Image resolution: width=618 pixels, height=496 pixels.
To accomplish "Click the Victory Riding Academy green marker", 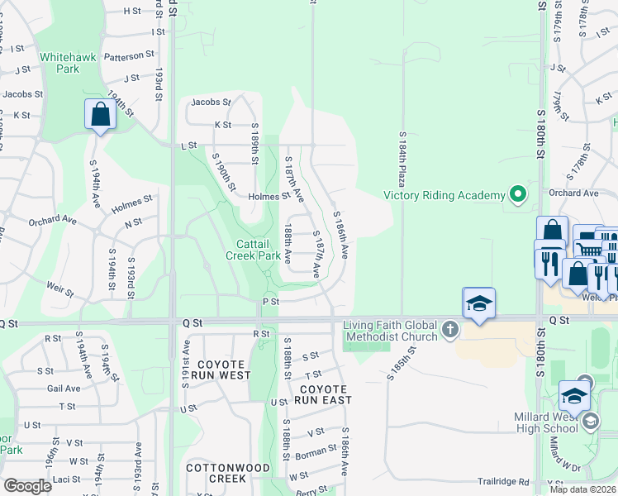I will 518,195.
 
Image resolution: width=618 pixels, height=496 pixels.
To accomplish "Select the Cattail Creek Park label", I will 253,250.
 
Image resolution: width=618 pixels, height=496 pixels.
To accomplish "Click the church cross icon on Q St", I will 449,331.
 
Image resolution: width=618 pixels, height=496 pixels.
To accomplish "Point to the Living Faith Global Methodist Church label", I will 392,331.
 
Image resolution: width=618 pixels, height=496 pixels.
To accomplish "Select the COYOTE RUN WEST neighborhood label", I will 221,370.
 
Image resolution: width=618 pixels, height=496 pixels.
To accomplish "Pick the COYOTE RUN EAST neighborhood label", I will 326,394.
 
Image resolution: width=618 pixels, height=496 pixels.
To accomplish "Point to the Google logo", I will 27,486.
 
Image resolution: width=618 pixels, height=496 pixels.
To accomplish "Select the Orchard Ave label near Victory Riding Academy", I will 578,193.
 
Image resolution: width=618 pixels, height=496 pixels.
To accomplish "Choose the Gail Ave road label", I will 64,388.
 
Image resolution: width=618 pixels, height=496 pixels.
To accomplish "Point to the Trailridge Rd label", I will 502,481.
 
